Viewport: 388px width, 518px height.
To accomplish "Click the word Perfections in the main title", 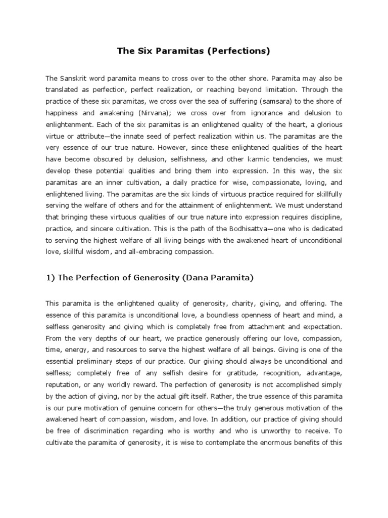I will coord(243,51).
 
